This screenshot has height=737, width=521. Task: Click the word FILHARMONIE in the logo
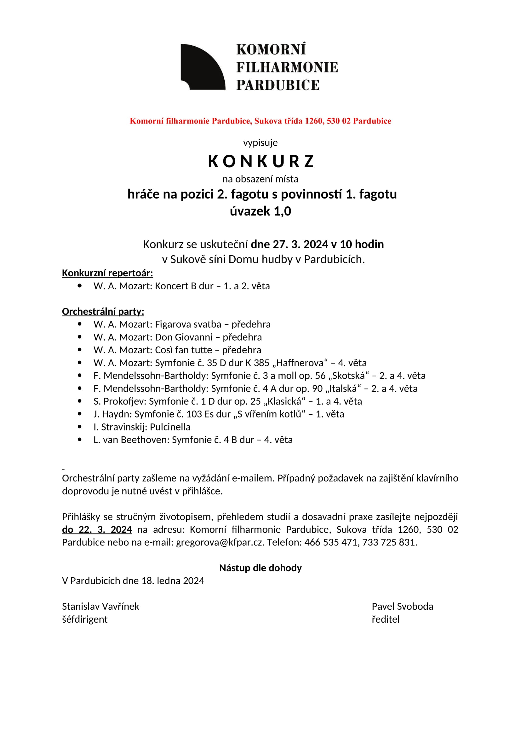[287, 67]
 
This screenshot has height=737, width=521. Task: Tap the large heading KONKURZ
[260, 161]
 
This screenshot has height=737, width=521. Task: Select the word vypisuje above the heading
[260, 142]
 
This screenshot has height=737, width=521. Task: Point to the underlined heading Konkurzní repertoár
[107, 273]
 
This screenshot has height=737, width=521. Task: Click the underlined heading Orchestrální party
[103, 311]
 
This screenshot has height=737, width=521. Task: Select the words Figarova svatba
[188, 324]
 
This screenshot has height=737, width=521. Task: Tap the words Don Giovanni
[184, 337]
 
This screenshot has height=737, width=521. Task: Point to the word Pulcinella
[170, 427]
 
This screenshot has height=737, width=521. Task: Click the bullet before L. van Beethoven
[80, 440]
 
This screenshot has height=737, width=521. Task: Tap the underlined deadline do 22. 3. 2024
[97, 529]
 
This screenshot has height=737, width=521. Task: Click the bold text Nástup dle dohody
[260, 568]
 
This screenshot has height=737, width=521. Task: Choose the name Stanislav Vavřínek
[100, 606]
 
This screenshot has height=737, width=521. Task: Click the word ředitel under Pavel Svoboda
[385, 619]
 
